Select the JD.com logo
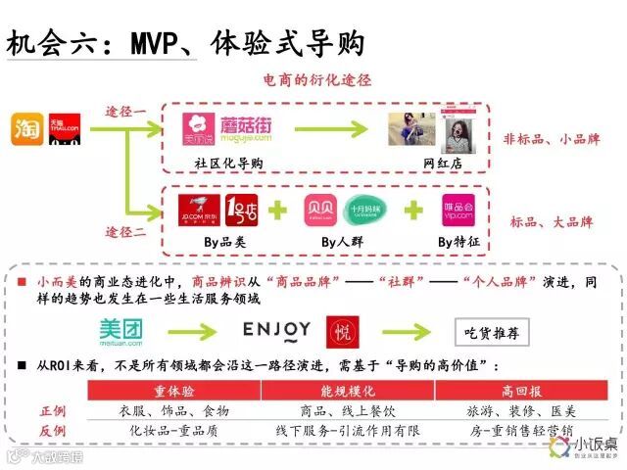point(200,211)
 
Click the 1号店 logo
point(241,211)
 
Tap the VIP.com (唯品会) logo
point(458,211)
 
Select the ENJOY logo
point(276,330)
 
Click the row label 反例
point(53,431)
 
